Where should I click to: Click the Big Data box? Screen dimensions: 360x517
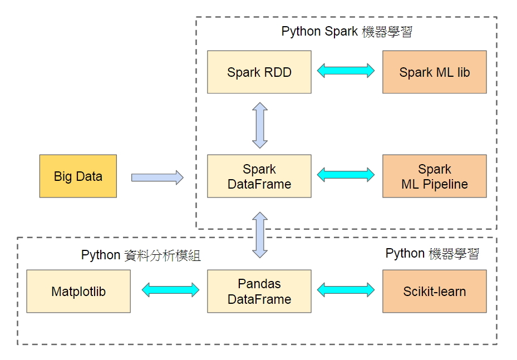click(x=78, y=176)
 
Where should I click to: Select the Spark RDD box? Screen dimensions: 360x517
click(x=259, y=72)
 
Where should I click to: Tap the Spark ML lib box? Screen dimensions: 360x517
click(x=434, y=72)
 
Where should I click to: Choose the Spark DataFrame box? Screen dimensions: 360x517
click(x=259, y=176)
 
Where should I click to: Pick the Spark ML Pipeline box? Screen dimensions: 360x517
click(x=434, y=176)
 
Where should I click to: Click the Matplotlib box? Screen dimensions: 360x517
click(x=78, y=292)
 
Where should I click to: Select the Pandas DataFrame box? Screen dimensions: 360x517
click(x=259, y=292)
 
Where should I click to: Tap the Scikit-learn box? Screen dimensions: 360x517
click(x=434, y=292)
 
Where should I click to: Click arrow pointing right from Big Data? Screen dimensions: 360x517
click(x=157, y=177)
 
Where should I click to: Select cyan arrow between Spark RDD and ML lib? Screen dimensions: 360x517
click(x=346, y=71)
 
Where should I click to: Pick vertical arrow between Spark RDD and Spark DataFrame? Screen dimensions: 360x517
click(x=260, y=125)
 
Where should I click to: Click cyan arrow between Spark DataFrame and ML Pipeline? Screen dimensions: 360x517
click(x=346, y=175)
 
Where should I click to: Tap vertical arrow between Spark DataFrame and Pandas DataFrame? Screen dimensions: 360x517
click(x=260, y=234)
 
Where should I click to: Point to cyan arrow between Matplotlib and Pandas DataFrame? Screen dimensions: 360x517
click(x=170, y=289)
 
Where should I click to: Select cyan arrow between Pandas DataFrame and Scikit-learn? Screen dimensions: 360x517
click(x=346, y=289)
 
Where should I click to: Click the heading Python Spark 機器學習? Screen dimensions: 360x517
click(x=346, y=32)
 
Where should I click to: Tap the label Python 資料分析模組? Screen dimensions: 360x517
click(x=141, y=255)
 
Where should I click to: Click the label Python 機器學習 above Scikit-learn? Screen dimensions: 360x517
click(x=432, y=254)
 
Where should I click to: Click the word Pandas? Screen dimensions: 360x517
click(x=259, y=284)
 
